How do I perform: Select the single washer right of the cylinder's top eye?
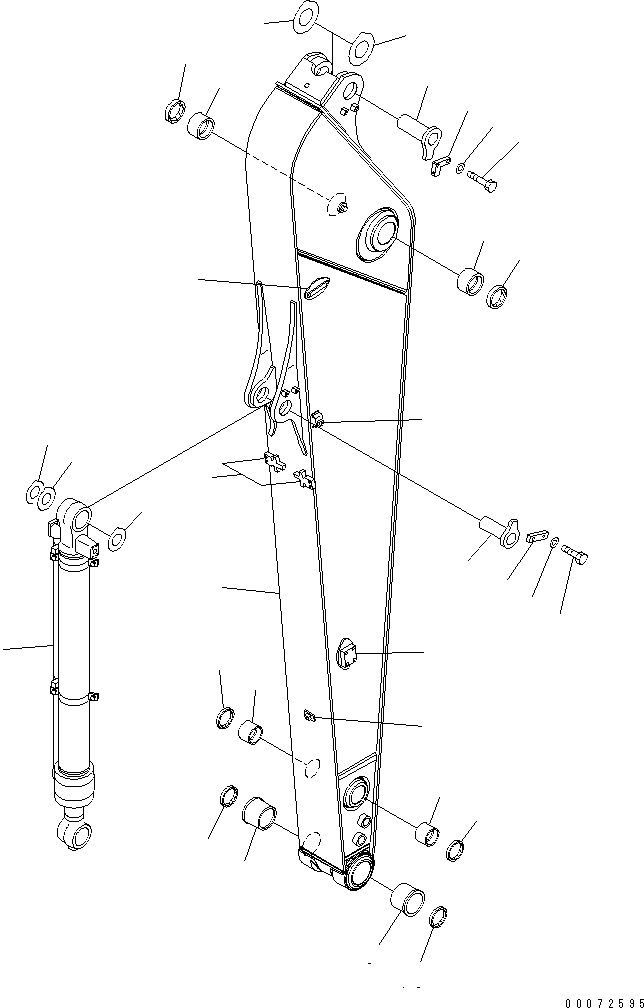coord(117,540)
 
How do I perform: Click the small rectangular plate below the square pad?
coord(309,714)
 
